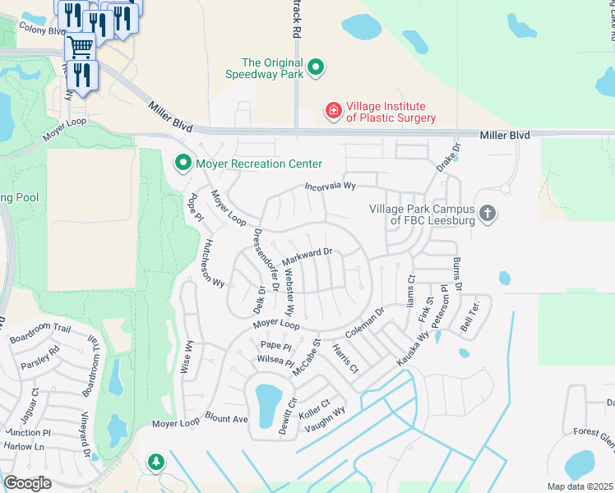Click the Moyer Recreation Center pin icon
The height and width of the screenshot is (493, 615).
[183, 164]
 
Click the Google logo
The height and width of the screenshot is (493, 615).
[28, 483]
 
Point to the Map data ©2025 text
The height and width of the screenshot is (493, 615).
[580, 486]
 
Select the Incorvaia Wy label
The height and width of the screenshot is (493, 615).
[329, 187]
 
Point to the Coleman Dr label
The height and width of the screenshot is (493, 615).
[365, 322]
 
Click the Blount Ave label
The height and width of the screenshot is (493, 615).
[227, 418]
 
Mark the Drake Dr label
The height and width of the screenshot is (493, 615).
[449, 156]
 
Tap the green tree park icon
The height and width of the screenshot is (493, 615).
[155, 463]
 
